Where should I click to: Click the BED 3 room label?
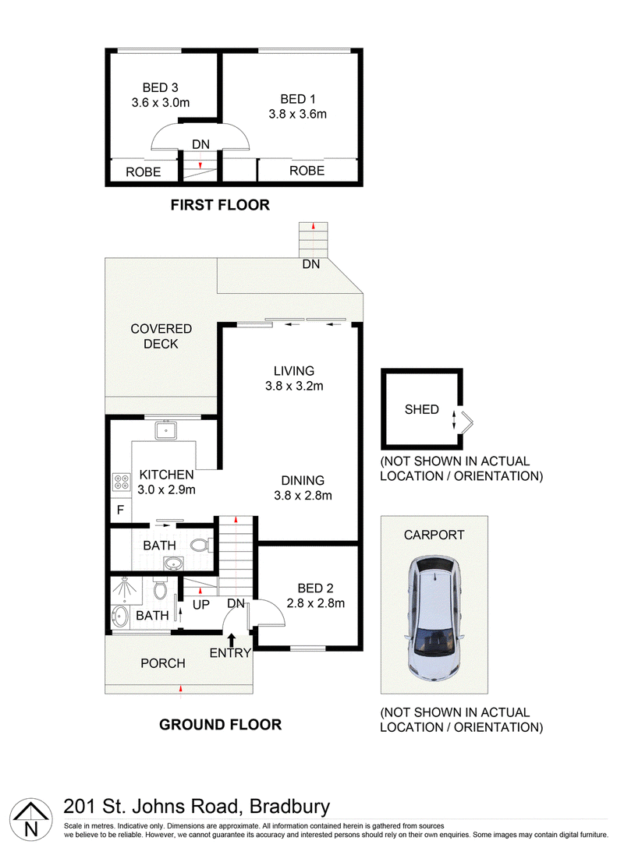(160, 87)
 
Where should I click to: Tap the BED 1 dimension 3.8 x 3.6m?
(298, 114)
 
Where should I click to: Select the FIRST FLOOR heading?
(220, 205)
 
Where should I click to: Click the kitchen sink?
(165, 430)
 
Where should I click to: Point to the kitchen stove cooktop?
(121, 482)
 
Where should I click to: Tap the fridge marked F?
(121, 510)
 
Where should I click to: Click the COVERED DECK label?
(161, 337)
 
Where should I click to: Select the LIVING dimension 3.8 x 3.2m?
(294, 386)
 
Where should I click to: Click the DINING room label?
(303, 480)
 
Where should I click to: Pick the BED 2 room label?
(316, 588)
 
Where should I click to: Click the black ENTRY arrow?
(231, 641)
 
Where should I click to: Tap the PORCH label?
(163, 663)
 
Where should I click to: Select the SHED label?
(422, 409)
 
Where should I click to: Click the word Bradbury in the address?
(289, 807)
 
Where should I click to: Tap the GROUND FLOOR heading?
(220, 725)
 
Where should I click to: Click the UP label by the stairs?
(200, 604)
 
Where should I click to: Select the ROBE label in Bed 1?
(307, 171)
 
